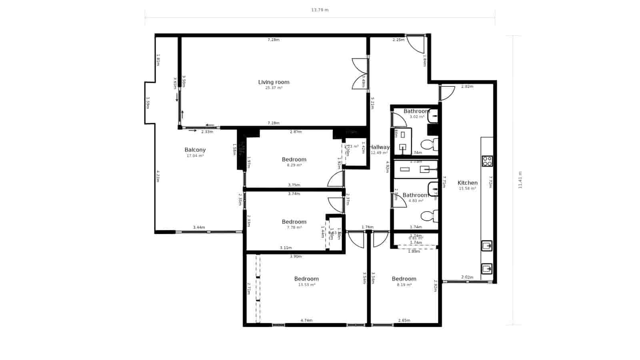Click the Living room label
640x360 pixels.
[x=274, y=82]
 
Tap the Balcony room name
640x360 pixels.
[x=195, y=150]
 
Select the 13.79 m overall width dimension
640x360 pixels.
[x=320, y=10]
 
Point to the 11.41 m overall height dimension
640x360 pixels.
[x=520, y=180]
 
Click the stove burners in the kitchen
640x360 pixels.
[x=487, y=161]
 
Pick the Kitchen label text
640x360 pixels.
[x=467, y=183]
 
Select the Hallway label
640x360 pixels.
[x=379, y=147]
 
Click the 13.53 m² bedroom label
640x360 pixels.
[x=306, y=279]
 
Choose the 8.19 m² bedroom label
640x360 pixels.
[x=404, y=279]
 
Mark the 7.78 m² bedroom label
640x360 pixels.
[x=294, y=222]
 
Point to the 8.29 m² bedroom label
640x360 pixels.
[x=294, y=159]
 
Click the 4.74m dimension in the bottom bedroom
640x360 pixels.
[x=306, y=320]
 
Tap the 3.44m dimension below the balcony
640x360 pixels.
[x=199, y=228]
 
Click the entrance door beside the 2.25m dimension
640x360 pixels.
[x=416, y=44]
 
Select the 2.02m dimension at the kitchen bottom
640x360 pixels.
[x=467, y=277]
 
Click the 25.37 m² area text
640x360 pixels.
[x=274, y=88]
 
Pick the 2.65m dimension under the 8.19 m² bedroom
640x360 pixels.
[x=404, y=320]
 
